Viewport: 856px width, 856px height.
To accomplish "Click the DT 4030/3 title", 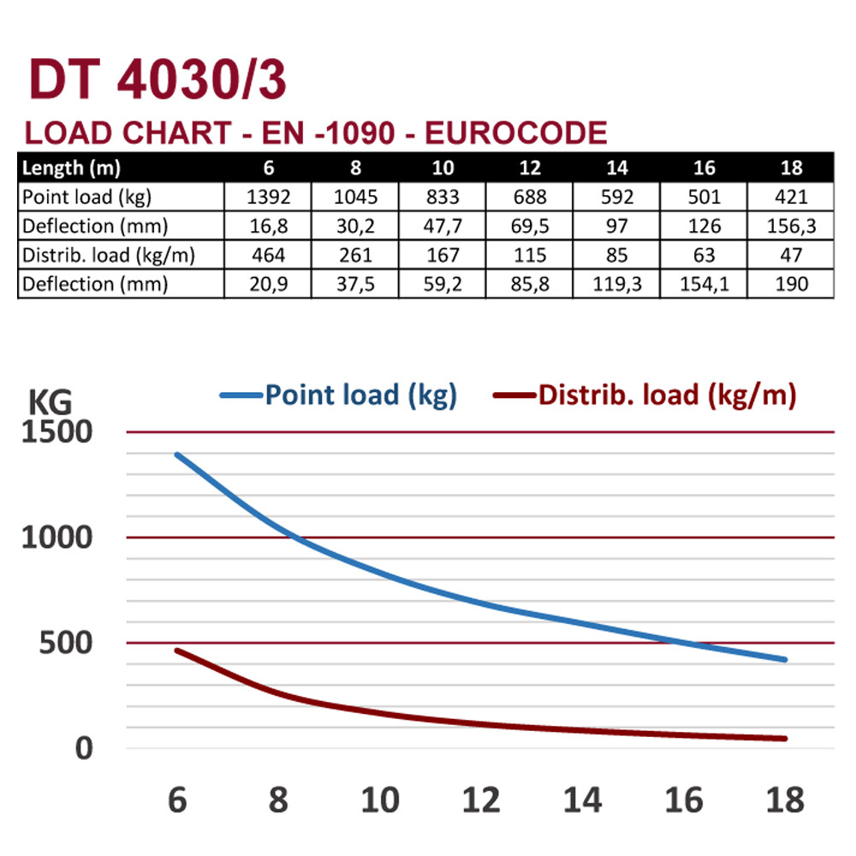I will tap(158, 82).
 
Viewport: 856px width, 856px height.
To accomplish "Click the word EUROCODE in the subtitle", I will tap(516, 134).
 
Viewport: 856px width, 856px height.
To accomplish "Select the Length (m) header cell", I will tap(71, 167).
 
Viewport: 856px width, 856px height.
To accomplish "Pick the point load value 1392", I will tap(269, 197).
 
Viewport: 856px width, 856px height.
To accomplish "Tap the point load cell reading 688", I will tap(530, 197).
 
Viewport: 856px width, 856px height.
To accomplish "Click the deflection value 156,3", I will tap(790, 226).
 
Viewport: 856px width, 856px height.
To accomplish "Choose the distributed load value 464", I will tap(269, 255).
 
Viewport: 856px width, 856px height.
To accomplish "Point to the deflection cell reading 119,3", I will tap(616, 284).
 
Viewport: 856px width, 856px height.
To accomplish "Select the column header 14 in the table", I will tap(616, 167).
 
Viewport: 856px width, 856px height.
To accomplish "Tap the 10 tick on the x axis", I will tap(379, 800).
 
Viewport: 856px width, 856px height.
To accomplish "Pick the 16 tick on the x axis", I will tap(683, 800).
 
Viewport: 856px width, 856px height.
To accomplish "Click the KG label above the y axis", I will tap(51, 401).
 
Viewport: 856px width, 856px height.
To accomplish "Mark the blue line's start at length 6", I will tap(177, 455).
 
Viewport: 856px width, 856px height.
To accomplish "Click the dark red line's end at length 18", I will tap(784, 738).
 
